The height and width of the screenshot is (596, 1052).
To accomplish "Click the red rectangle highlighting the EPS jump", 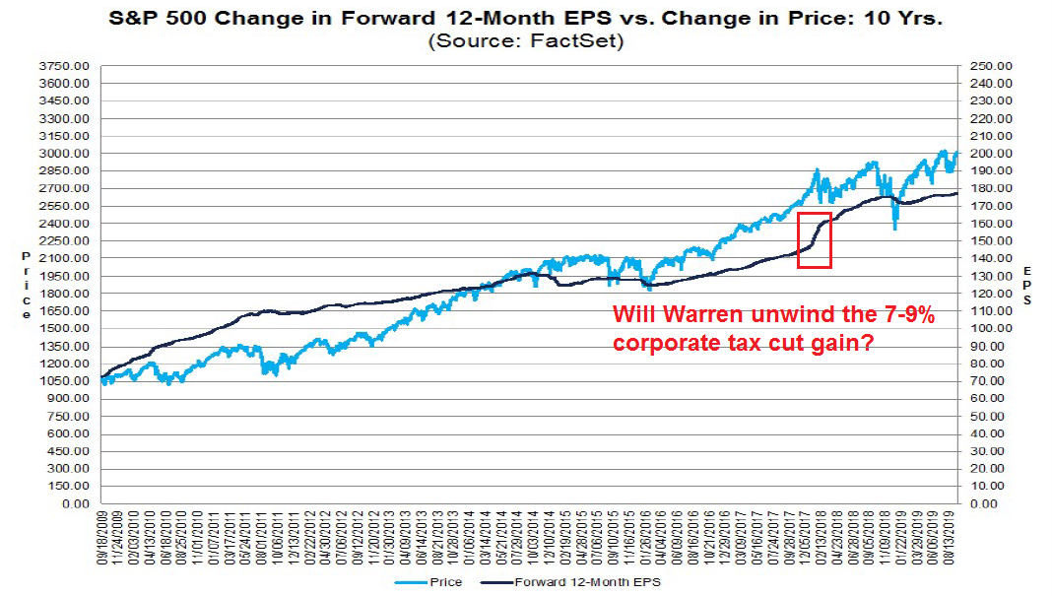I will [x=815, y=239].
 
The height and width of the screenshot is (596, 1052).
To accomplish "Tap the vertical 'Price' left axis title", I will [x=26, y=286].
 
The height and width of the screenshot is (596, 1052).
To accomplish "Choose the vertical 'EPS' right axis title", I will [x=1026, y=286].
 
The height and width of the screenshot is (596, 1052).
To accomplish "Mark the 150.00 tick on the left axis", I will [x=70, y=486].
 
